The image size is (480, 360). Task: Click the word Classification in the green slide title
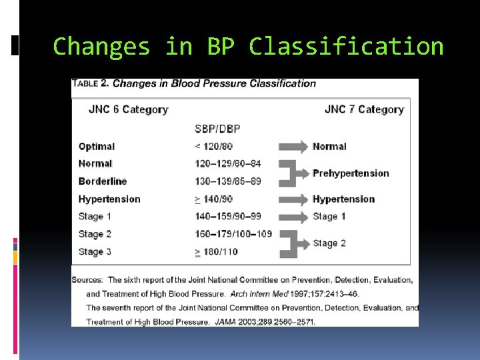pos(346,47)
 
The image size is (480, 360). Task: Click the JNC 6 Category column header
pos(128,109)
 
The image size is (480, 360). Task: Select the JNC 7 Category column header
pos(364,109)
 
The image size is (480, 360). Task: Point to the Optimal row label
pos(97,147)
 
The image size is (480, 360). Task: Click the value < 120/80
pos(214,147)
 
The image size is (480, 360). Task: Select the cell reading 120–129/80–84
pos(228,164)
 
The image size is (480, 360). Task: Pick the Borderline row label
pos(103,181)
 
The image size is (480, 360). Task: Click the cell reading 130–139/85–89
pos(228,181)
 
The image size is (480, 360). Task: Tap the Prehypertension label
pos(351,173)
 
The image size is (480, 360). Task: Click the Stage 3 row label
pos(95,252)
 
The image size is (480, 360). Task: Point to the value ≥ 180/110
pos(216,252)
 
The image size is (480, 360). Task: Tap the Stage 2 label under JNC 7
pos(329,243)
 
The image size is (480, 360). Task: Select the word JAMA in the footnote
pos(225,322)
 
